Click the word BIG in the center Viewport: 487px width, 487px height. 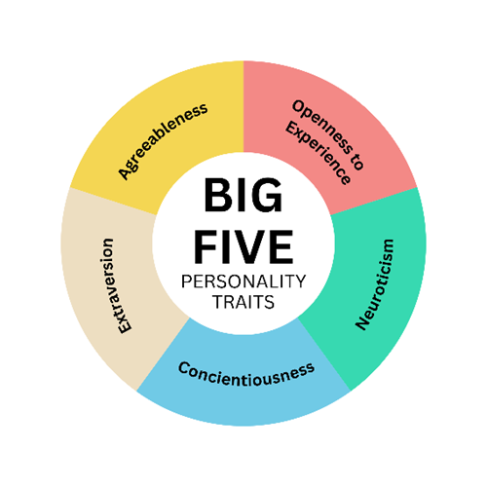[243, 195]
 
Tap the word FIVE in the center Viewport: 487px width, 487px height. [243, 246]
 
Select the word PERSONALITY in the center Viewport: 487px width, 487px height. [243, 281]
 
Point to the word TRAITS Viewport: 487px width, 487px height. [243, 302]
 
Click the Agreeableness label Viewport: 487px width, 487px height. [163, 141]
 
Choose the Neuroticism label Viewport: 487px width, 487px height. [374, 284]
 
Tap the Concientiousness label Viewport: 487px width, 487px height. [246, 374]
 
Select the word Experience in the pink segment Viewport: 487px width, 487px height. [318, 154]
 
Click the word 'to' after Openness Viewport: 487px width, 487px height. [356, 161]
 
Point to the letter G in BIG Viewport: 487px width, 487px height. [266, 195]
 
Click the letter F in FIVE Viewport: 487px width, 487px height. [206, 246]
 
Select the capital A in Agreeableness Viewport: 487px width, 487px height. [125, 171]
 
